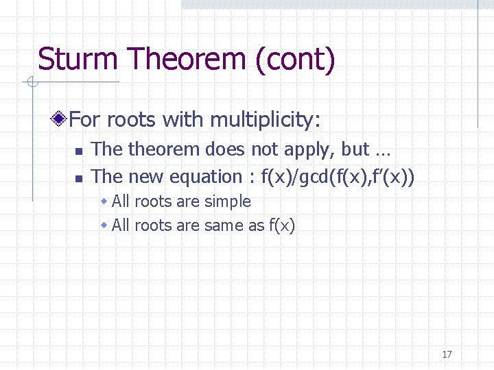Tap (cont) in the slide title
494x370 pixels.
[x=295, y=60]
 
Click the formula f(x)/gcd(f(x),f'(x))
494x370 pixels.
[x=338, y=177]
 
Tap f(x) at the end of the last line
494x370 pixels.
[x=281, y=225]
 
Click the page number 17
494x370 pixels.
[x=447, y=354]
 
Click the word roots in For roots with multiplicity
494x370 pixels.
[x=132, y=120]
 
